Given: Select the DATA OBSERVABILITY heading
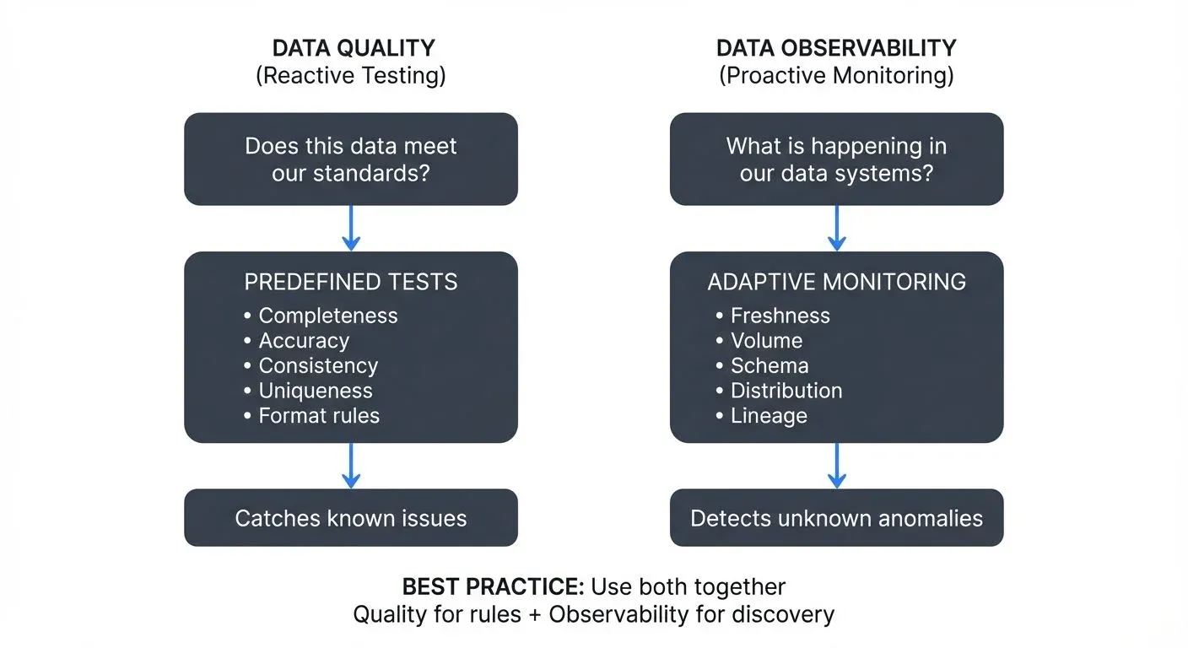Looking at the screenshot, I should pyautogui.click(x=836, y=48).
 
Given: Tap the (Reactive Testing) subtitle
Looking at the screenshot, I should pyautogui.click(x=350, y=76).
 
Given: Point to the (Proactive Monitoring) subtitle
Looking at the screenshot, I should pyautogui.click(x=836, y=76).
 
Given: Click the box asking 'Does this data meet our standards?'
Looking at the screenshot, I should pyautogui.click(x=350, y=159).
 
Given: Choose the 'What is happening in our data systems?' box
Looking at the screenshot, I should pyautogui.click(x=836, y=159).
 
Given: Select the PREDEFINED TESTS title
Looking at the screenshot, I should pyautogui.click(x=350, y=282).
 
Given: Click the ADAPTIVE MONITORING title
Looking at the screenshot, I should pyautogui.click(x=836, y=282).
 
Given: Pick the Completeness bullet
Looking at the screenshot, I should pyautogui.click(x=327, y=316).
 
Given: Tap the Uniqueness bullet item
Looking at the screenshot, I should pyautogui.click(x=315, y=391).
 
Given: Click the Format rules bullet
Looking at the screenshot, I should pyautogui.click(x=318, y=416).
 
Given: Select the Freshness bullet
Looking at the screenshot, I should pyautogui.click(x=780, y=316).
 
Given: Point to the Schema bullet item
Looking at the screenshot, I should pyautogui.click(x=769, y=366).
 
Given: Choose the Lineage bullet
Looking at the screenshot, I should pyautogui.click(x=768, y=416).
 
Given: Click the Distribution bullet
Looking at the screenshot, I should pyautogui.click(x=786, y=391).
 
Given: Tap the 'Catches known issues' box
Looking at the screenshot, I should pyautogui.click(x=350, y=518).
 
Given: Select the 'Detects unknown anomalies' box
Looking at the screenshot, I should pyautogui.click(x=836, y=518).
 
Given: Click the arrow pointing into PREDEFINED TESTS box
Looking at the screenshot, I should pyautogui.click(x=351, y=228).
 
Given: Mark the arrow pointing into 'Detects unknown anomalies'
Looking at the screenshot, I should pyautogui.click(x=836, y=466).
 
